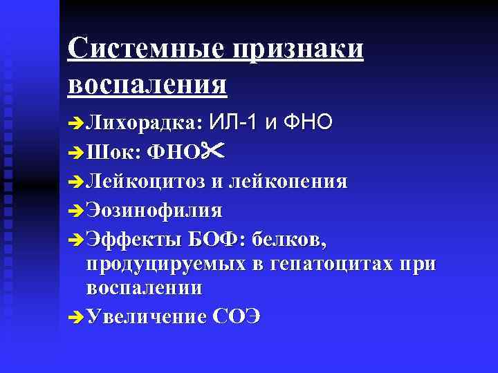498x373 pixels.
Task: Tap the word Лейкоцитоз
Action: click(145, 181)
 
